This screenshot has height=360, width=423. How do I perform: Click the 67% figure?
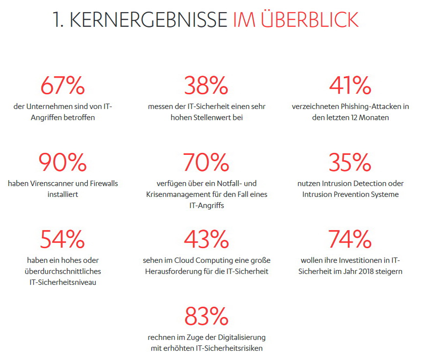[62, 86]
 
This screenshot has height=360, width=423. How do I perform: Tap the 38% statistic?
[206, 86]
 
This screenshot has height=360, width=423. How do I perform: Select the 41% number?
[350, 86]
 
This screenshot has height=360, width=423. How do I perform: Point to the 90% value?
[62, 163]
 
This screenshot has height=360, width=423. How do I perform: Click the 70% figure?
[206, 163]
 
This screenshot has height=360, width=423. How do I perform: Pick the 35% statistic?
[350, 163]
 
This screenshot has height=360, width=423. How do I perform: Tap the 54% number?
[62, 239]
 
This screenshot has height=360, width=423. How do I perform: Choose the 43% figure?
[206, 239]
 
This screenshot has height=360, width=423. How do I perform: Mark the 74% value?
[350, 239]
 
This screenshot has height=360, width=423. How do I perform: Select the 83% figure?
[206, 316]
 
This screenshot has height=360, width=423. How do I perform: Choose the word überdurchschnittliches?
[62, 271]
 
